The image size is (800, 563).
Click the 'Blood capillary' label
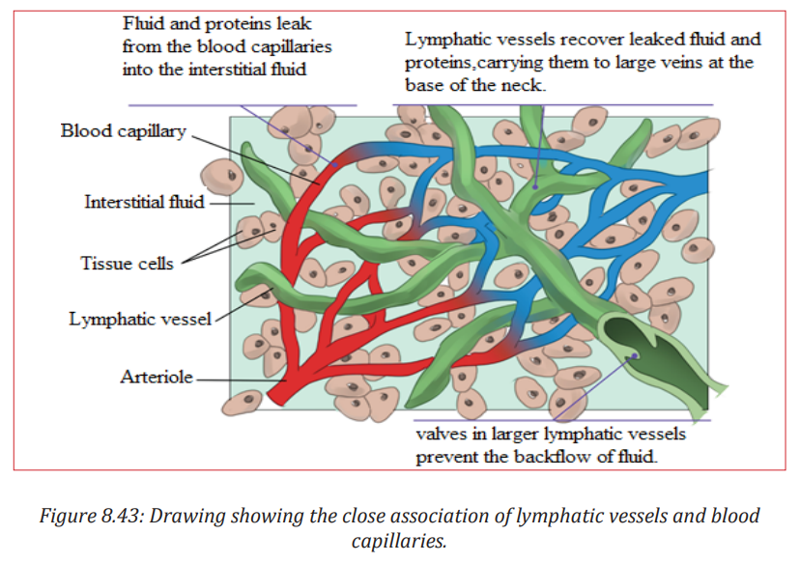pos(124,131)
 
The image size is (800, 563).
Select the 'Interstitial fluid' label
pos(144,202)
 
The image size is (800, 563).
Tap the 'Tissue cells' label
pos(127,263)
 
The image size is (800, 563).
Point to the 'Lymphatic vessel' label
pos(140,320)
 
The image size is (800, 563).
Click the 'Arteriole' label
pos(157,377)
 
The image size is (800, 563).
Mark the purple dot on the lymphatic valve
pos(635,355)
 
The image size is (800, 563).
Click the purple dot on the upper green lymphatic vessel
pos(535,187)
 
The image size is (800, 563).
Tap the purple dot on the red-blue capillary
pos(335,165)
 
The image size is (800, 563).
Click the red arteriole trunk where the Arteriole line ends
pos(284,380)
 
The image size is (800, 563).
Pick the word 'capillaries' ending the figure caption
pos(399,541)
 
